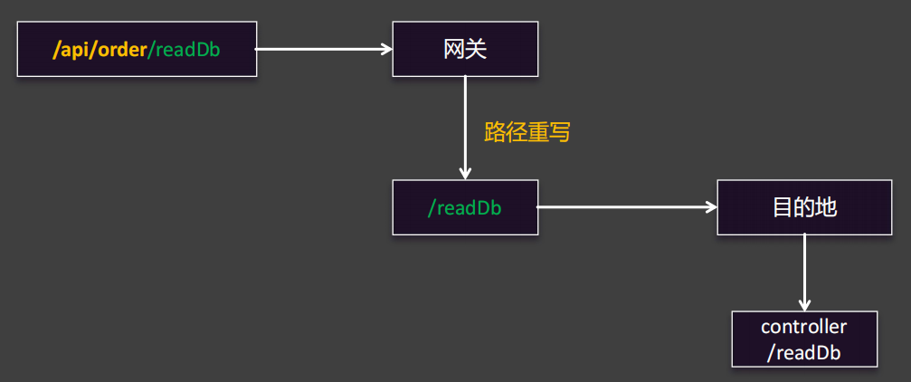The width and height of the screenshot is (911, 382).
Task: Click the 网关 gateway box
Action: (x=465, y=49)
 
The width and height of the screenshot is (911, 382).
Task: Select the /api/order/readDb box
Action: (x=137, y=49)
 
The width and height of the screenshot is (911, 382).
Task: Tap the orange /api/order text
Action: (x=100, y=50)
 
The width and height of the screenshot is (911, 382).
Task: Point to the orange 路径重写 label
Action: (x=527, y=133)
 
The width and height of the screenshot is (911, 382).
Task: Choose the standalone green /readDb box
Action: (x=465, y=207)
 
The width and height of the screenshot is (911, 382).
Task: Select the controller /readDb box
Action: (x=804, y=339)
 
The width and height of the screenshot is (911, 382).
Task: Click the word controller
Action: (x=804, y=327)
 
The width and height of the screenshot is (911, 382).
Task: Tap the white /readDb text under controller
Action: (x=804, y=353)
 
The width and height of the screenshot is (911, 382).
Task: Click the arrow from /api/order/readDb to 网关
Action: (x=321, y=49)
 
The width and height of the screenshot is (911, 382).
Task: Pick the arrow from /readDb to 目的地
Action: (x=624, y=207)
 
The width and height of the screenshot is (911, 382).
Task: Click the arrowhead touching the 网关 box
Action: (x=385, y=49)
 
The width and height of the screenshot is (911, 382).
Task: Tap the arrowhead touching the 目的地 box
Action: (x=710, y=207)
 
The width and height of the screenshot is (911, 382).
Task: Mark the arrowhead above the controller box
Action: (x=804, y=304)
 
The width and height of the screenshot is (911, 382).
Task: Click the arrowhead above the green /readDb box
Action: (x=465, y=173)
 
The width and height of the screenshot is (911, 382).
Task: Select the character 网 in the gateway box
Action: (x=454, y=49)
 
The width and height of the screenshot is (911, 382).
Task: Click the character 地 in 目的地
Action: (x=825, y=207)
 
